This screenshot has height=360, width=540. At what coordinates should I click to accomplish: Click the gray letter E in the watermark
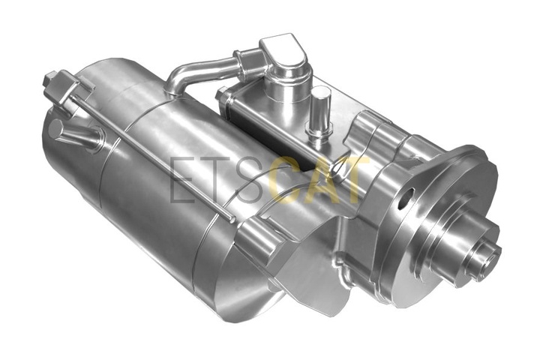pyautogui.click(x=181, y=179)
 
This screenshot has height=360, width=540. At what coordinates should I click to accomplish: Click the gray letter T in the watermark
pyautogui.click(x=214, y=179)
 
